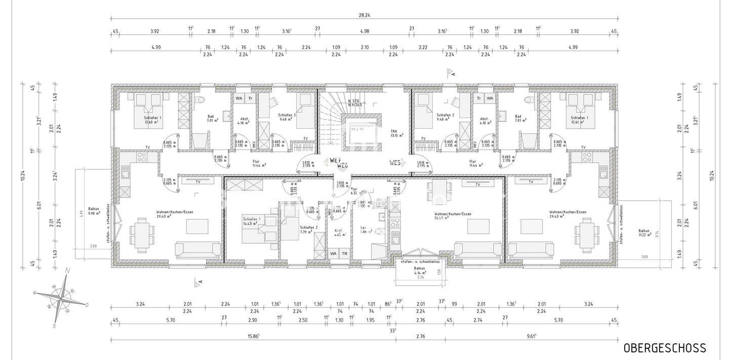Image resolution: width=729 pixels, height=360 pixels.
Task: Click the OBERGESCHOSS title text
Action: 664,348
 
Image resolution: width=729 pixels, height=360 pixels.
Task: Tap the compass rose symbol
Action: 60,299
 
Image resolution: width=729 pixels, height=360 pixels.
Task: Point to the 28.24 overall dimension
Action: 364,16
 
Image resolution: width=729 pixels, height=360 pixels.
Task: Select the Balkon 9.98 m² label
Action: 94,211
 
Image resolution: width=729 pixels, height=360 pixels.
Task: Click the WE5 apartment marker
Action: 395,163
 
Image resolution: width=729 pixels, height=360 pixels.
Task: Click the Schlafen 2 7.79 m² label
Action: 308,230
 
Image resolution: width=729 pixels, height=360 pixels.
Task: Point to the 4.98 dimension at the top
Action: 364,31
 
